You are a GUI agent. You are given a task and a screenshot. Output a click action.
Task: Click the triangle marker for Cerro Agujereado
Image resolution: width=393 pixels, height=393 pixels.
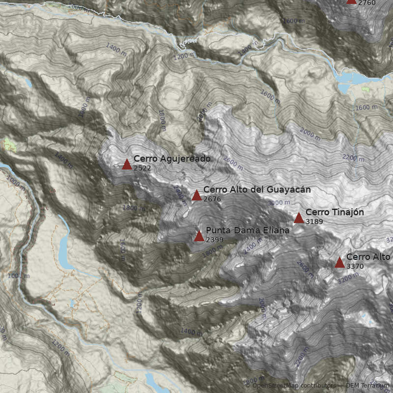(127, 164)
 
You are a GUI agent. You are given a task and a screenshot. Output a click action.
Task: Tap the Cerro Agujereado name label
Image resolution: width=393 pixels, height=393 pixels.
(172, 159)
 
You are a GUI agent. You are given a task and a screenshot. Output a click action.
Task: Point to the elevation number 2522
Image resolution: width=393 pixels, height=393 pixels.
(142, 168)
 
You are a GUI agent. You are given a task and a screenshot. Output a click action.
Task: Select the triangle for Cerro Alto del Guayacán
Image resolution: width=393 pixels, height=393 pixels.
(197, 196)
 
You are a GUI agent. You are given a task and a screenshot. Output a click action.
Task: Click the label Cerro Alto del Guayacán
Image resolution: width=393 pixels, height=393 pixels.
(257, 190)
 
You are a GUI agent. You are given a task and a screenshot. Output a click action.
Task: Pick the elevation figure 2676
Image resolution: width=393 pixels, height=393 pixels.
(212, 199)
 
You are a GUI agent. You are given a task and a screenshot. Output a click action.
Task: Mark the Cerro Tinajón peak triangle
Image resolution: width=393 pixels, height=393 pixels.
(299, 218)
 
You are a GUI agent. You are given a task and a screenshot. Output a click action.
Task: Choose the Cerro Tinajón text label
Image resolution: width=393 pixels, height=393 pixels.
(335, 212)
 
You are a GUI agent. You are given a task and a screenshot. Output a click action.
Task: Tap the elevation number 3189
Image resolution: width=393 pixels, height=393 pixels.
(314, 222)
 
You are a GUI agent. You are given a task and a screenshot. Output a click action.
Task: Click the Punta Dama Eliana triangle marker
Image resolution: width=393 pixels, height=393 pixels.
(199, 236)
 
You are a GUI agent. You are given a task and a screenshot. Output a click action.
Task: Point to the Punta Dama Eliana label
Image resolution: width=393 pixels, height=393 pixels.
(248, 230)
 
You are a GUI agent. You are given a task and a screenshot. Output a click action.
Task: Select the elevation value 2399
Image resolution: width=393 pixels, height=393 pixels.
(215, 240)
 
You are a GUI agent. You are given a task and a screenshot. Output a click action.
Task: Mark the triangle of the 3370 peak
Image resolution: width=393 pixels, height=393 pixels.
(339, 263)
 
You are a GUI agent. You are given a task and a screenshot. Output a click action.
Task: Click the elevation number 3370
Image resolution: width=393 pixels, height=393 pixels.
(355, 266)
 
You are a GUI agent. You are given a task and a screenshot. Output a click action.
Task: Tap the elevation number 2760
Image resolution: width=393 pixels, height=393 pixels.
(367, 3)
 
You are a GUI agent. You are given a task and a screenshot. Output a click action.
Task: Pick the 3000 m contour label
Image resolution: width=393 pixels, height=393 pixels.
(279, 203)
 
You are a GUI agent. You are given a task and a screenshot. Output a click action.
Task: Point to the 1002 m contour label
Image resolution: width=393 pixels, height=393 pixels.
(19, 276)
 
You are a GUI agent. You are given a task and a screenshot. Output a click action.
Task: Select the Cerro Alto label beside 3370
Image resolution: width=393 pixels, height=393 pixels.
(368, 257)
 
